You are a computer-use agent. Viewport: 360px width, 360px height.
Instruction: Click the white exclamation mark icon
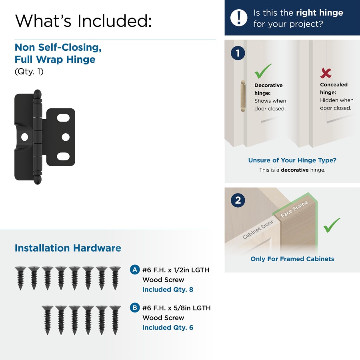click(x=239, y=18)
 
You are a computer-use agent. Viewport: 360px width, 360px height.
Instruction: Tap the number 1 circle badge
click(x=238, y=53)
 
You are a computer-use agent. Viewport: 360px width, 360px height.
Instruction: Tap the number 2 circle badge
click(x=238, y=200)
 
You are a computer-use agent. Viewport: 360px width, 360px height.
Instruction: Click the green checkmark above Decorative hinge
click(x=263, y=71)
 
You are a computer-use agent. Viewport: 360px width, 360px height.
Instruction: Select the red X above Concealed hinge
click(x=326, y=73)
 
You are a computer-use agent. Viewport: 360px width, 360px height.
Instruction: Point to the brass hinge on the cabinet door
click(x=243, y=96)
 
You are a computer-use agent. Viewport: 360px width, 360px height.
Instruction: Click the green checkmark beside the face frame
click(x=332, y=225)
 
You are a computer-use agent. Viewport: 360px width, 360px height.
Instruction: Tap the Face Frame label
click(x=294, y=209)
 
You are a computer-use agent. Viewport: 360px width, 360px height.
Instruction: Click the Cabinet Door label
click(x=258, y=229)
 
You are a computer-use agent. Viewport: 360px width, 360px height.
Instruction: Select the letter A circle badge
click(x=135, y=270)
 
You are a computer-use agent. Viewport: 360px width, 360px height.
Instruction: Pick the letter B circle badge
click(x=135, y=308)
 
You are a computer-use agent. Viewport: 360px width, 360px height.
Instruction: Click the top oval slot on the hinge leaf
click(x=63, y=118)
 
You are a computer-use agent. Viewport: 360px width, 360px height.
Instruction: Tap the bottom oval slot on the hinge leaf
click(x=63, y=156)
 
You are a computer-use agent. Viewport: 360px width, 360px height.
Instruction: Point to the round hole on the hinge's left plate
click(x=24, y=137)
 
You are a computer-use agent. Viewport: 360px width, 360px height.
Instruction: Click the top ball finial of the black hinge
click(x=38, y=94)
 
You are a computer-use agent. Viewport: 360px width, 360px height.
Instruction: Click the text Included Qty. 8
click(x=168, y=290)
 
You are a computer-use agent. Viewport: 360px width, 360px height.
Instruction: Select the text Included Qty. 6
click(x=168, y=327)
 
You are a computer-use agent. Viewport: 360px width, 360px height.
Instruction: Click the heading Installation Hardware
click(x=68, y=248)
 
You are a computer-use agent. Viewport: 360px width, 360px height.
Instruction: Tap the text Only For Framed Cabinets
click(x=292, y=259)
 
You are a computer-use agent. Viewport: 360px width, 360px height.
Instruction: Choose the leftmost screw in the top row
click(x=20, y=278)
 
